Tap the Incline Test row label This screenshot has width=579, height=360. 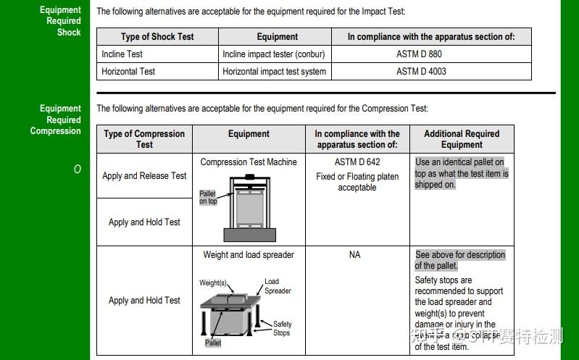(x=122, y=54)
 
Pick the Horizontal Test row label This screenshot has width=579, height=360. (x=128, y=71)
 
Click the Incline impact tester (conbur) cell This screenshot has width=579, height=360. (x=274, y=54)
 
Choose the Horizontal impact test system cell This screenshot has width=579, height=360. (x=275, y=71)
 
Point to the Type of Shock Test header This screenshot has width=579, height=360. (x=157, y=36)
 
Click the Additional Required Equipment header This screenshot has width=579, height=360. (x=462, y=139)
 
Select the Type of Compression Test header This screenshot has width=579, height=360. (x=144, y=139)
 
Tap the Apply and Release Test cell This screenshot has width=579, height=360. (x=144, y=175)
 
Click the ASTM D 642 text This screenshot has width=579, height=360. (x=357, y=162)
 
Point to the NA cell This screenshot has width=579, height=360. (x=355, y=255)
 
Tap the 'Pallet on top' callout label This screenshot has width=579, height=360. (x=208, y=198)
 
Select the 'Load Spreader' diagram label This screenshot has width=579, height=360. (x=277, y=286)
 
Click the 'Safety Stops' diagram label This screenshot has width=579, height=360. (x=282, y=328)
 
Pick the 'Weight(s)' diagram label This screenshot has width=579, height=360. (x=213, y=282)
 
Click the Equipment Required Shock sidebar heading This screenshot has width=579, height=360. (x=60, y=21)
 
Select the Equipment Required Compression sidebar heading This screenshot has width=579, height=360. (x=56, y=120)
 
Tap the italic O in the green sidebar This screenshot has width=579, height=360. (x=77, y=169)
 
